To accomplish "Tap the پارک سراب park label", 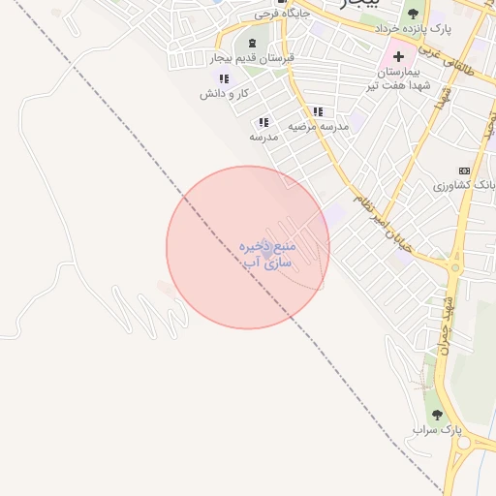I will click(x=433, y=429).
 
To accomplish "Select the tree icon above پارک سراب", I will click(x=436, y=414).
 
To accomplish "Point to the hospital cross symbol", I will click(x=398, y=56).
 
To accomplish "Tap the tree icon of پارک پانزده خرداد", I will click(x=414, y=14).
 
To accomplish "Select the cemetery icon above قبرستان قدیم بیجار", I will click(x=254, y=44).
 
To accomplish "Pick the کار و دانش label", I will click(x=223, y=94).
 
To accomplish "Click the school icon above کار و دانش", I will click(x=224, y=78).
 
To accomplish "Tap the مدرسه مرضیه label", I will click(x=317, y=126).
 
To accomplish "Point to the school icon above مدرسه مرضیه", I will click(x=318, y=111).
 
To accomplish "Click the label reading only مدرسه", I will click(x=263, y=137).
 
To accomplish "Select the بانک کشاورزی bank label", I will click(x=463, y=184).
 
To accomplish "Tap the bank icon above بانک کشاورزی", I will click(x=463, y=170).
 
